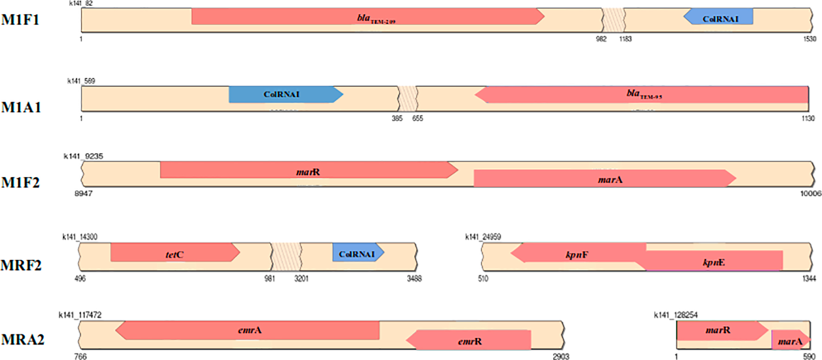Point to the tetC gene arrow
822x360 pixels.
click(174, 252)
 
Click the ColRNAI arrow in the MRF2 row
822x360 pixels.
click(358, 252)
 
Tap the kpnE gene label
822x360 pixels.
click(713, 262)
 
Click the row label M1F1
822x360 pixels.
click(20, 20)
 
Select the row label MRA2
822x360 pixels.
click(22, 340)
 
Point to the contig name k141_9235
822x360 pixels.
click(83, 156)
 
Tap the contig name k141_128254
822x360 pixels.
click(675, 315)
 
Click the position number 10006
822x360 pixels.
click(810, 193)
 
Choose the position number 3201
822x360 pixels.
click(301, 278)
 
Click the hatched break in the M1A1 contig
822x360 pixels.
click(408, 98)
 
